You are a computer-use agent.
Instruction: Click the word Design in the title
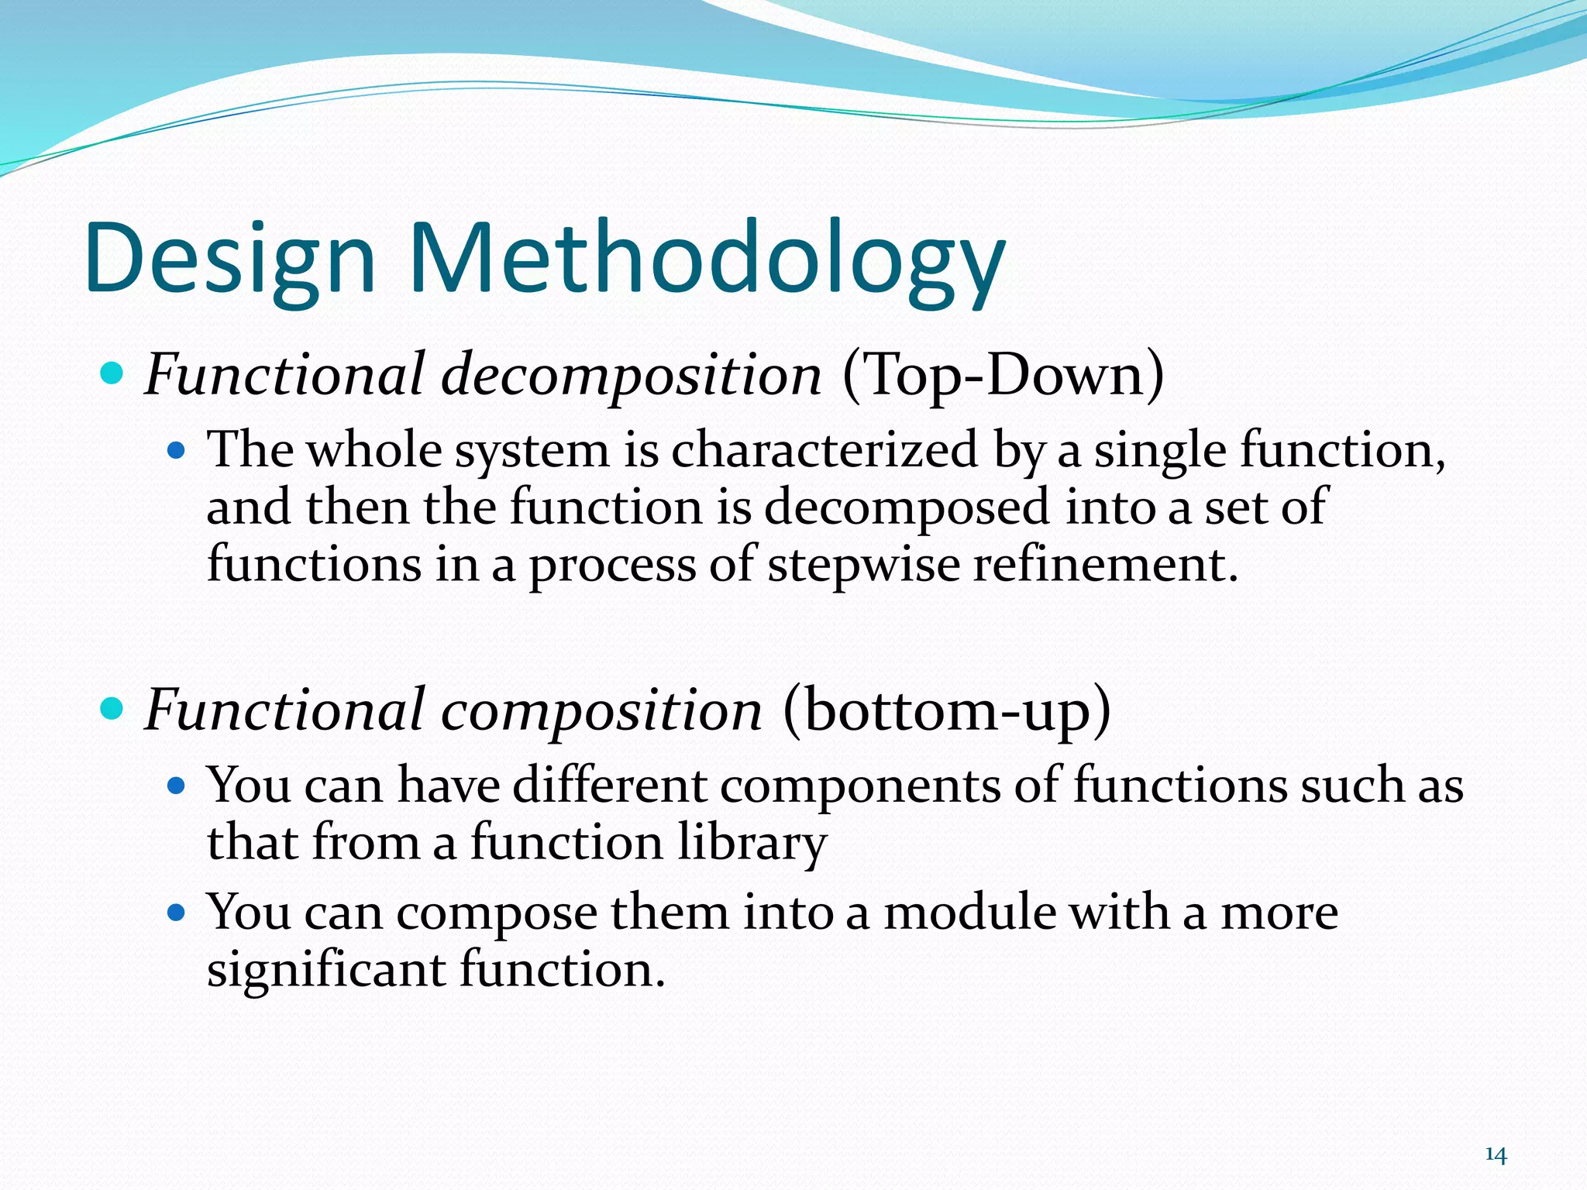pos(231,260)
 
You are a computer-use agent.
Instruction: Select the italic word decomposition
pos(631,375)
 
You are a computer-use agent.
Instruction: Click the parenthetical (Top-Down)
pos(1003,375)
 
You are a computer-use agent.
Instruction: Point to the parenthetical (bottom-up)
pos(946,710)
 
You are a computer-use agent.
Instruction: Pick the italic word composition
pos(601,710)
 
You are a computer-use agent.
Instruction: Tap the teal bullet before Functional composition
pos(112,708)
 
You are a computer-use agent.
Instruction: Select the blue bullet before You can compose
pos(177,913)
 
